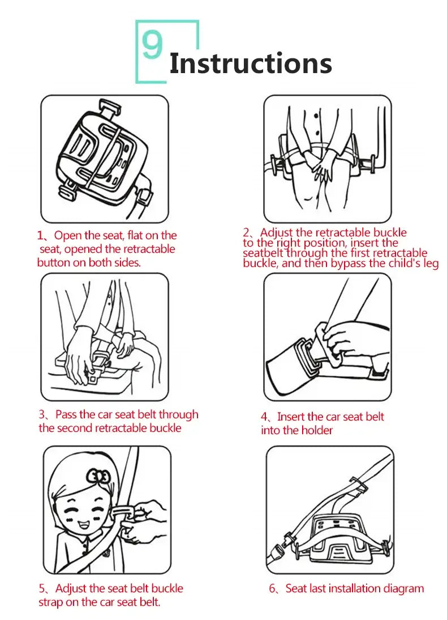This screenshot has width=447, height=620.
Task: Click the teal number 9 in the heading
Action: click(x=152, y=45)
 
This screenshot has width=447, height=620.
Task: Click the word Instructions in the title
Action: click(x=250, y=63)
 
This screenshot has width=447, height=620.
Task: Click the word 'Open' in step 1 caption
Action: click(x=68, y=236)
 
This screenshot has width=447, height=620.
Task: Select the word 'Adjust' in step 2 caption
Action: click(x=277, y=232)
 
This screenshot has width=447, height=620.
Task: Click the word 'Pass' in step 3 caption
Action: click(x=66, y=415)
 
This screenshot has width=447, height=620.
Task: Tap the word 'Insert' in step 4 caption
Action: click(x=292, y=417)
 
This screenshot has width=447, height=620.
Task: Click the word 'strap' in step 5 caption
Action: click(x=51, y=602)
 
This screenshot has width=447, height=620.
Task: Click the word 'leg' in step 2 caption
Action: click(x=431, y=264)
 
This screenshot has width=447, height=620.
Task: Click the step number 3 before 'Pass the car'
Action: click(x=42, y=415)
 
